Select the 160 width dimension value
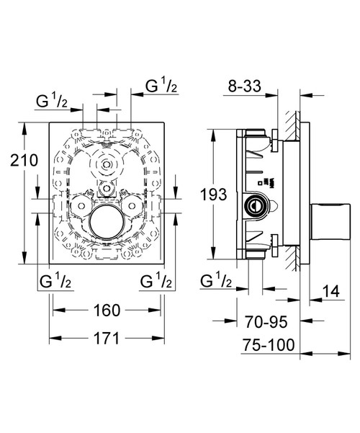tap(106, 312)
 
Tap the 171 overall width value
tap(106, 340)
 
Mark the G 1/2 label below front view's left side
tap(55, 280)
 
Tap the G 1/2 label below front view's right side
tap(156, 280)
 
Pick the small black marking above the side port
tap(267, 181)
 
